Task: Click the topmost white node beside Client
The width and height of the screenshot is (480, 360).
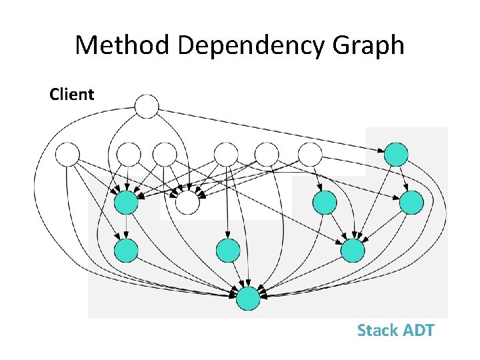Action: [147, 107]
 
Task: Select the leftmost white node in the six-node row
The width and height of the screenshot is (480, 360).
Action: [67, 155]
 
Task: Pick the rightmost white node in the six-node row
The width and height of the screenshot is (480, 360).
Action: [309, 155]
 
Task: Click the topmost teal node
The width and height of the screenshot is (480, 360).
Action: [396, 155]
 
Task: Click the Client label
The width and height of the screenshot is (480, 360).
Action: [72, 95]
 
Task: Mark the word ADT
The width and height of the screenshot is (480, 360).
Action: [417, 330]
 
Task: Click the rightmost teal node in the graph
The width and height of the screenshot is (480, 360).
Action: [411, 202]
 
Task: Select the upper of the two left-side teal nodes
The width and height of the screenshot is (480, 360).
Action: [126, 203]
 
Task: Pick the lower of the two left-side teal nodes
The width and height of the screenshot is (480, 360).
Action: [126, 250]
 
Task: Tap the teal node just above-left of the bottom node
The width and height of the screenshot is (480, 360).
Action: [228, 250]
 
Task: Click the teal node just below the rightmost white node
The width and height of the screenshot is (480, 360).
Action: [325, 202]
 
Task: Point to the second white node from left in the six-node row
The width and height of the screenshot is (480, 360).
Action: [129, 155]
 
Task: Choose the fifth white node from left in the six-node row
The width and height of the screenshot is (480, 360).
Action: [267, 155]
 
